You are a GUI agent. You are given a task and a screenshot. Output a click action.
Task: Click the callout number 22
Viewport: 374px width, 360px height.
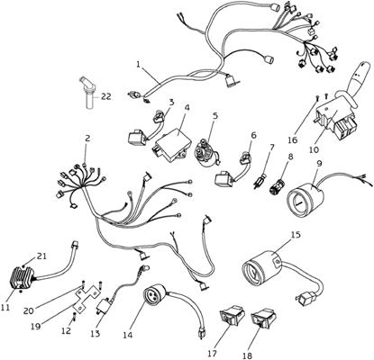[x=106, y=96]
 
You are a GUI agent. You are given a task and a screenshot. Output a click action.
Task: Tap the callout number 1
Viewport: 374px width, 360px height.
[x=138, y=64]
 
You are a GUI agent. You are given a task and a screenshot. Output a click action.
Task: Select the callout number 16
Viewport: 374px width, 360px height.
[x=293, y=139]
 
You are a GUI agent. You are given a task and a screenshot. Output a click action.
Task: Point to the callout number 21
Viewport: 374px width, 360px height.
[x=41, y=256]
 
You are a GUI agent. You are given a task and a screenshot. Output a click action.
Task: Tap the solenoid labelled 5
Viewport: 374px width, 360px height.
[x=207, y=153]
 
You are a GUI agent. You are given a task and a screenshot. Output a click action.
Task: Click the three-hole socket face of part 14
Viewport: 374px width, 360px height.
[x=153, y=296]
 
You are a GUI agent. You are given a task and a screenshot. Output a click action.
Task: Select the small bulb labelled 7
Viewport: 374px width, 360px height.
[x=259, y=181]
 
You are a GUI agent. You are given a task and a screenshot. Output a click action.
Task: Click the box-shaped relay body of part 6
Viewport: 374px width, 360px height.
[x=223, y=178]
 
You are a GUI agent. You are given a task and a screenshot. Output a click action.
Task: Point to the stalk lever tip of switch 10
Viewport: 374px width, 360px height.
[x=362, y=65]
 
